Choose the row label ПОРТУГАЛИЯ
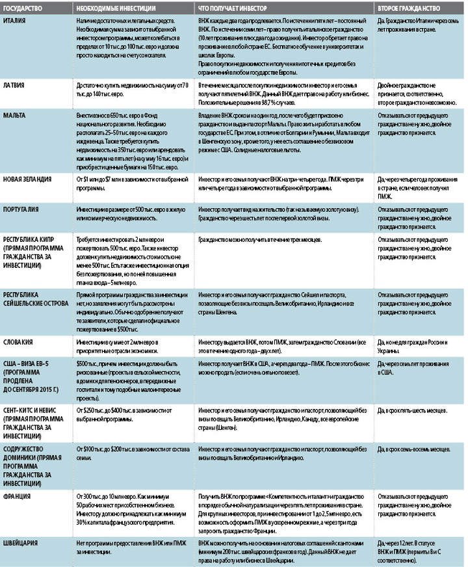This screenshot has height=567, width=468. point(25,210)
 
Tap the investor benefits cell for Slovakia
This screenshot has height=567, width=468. point(283,345)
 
